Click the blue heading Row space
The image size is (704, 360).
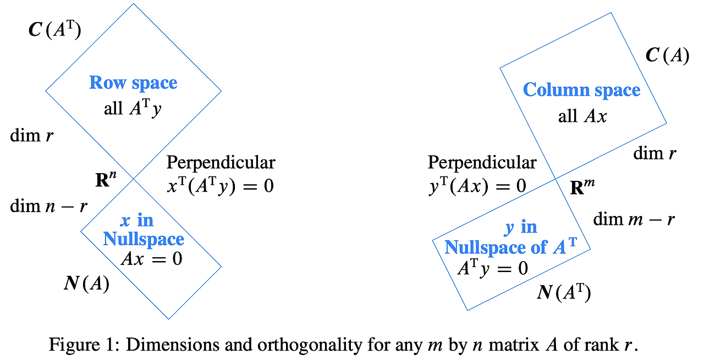coord(133,83)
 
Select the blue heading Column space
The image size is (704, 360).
coord(581,90)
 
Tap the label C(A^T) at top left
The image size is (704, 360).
coord(54,30)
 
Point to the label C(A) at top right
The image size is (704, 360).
coord(667,56)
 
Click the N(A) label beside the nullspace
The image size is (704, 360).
coord(86,284)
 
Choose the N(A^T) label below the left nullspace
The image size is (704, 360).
coord(563,293)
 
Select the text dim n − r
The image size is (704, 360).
coord(50,206)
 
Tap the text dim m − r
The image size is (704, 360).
coord(634,219)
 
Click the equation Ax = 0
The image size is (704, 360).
coord(151,258)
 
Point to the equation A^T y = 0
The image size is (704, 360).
coord(492,268)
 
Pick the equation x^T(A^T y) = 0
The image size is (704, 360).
coord(220,186)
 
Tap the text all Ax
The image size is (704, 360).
coord(582,116)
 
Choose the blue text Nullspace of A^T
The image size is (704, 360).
coord(510,247)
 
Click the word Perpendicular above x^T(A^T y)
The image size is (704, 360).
coord(221,163)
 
